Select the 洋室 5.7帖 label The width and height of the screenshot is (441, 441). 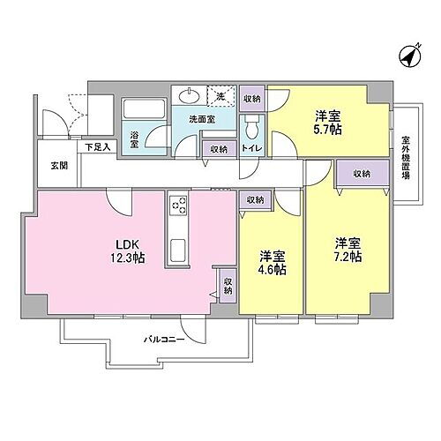point(328,122)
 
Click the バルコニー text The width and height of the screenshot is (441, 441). point(165,338)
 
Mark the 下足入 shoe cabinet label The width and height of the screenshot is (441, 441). point(97,146)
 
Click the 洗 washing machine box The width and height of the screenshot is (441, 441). point(220,95)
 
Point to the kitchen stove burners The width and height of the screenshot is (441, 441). point(176,206)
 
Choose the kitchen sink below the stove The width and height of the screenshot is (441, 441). point(176,247)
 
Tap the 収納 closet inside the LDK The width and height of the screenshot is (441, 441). point(228,287)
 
